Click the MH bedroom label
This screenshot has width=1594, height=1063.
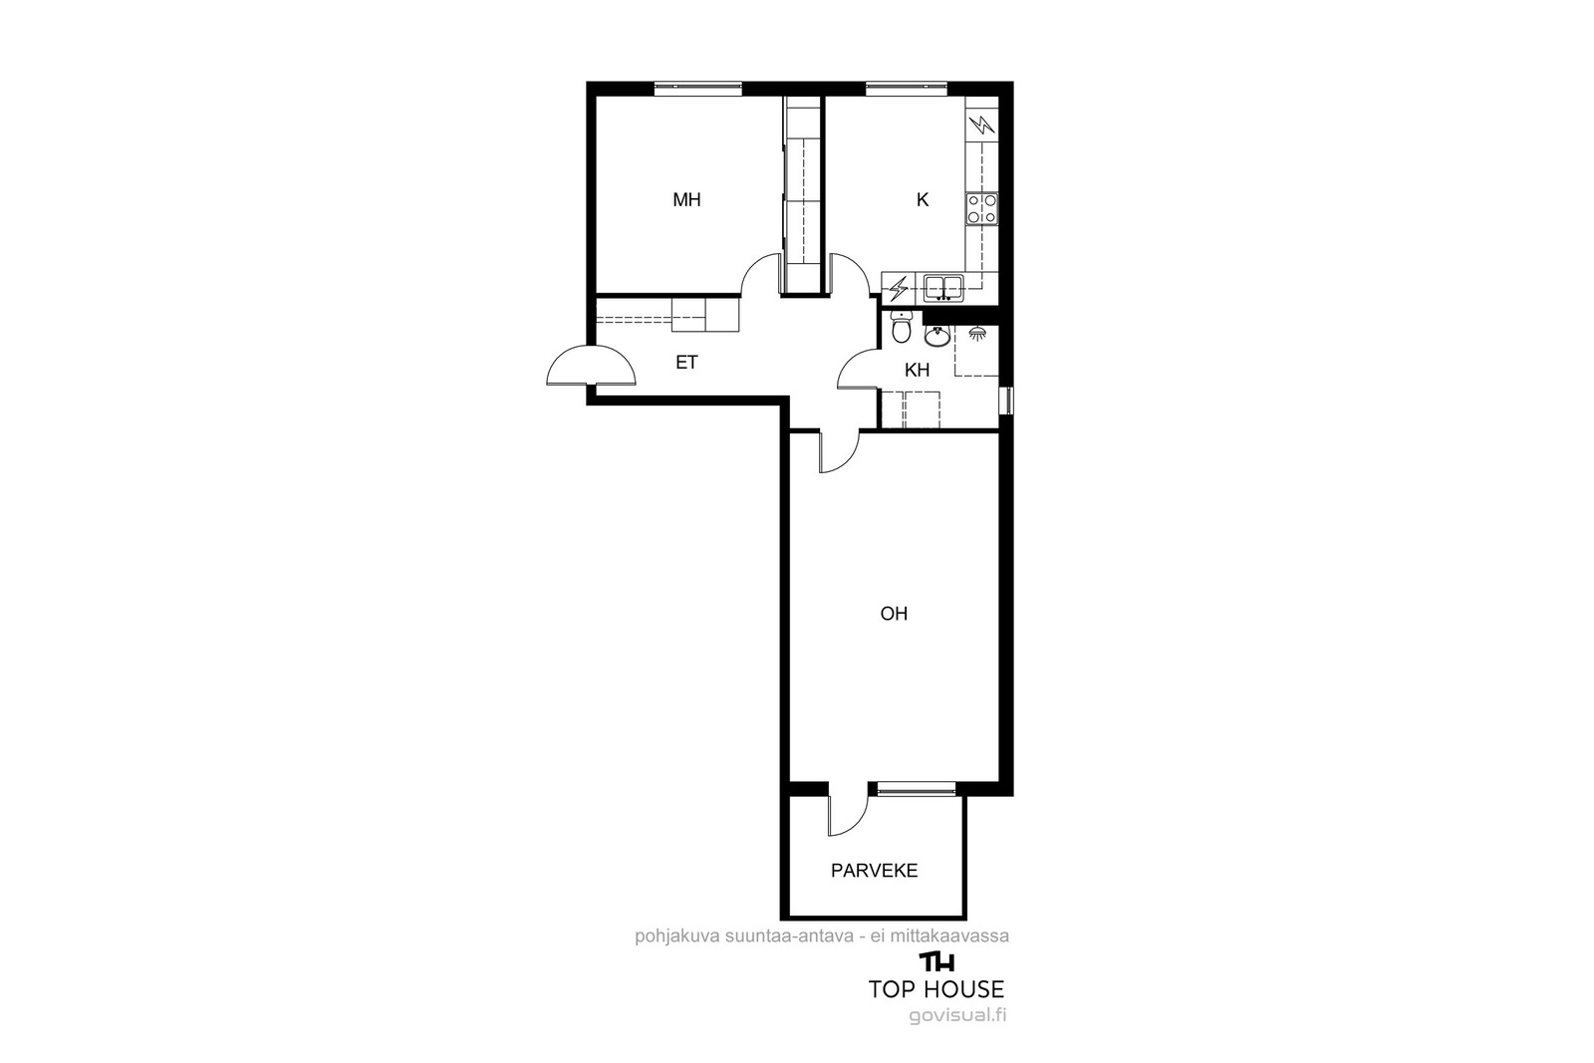pos(686,200)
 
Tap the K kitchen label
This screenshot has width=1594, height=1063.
pos(923,200)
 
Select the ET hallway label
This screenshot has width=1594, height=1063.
pos(686,363)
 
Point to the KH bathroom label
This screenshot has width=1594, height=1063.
pos(918,370)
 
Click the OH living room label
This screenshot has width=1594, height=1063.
pos(894,614)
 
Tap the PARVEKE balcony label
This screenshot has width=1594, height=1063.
pos(874,870)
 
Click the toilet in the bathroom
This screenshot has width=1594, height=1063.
pos(901,328)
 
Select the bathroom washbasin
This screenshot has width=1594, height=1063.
pos(937,335)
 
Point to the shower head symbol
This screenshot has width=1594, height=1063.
pos(977,333)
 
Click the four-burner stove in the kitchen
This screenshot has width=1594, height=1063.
pos(982,209)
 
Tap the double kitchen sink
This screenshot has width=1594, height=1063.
pos(943,288)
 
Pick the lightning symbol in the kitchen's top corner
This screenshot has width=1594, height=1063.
pos(982,126)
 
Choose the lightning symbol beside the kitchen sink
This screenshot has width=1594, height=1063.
pos(899,288)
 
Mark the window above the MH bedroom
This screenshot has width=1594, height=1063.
pos(698,89)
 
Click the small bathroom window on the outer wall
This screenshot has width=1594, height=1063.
pos(1006,399)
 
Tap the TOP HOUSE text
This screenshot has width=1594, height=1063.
pos(935,989)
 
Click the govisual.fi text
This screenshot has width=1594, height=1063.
pos(957,1016)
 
